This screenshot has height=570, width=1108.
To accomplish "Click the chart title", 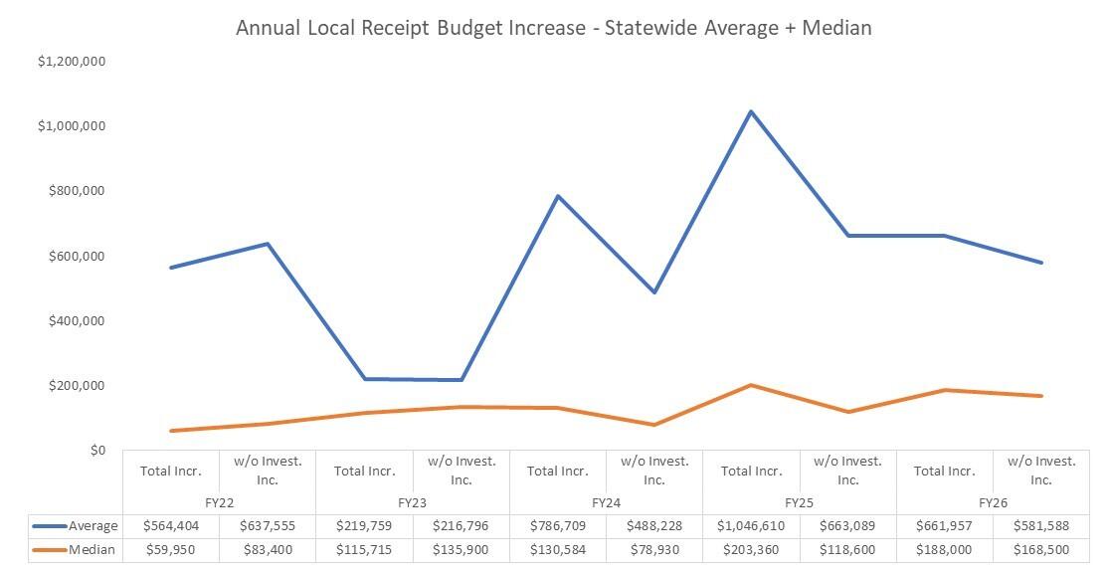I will click(x=553, y=28).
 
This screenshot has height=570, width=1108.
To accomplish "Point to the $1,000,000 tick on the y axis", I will click(x=72, y=126).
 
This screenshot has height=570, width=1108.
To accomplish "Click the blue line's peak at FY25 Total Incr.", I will click(x=751, y=111).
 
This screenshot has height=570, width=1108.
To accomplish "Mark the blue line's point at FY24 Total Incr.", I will click(x=558, y=196).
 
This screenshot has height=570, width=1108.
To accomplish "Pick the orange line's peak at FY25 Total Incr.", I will click(x=751, y=385).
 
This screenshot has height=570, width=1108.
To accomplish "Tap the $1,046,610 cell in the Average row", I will click(x=751, y=525).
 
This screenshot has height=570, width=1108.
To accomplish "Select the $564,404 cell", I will click(x=171, y=525).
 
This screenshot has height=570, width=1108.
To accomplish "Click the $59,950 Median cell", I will click(x=171, y=549).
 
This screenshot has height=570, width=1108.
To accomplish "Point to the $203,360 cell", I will click(x=751, y=549).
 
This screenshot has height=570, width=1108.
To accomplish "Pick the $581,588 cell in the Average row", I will click(x=1040, y=525).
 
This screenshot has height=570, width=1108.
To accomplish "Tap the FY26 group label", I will click(x=993, y=502).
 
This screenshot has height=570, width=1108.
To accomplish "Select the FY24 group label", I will click(x=606, y=502).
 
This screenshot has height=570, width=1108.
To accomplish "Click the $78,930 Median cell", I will click(x=654, y=549).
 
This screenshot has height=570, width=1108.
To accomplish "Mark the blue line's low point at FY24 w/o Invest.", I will click(x=654, y=292).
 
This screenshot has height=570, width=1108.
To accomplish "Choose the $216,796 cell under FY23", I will click(x=462, y=525).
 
